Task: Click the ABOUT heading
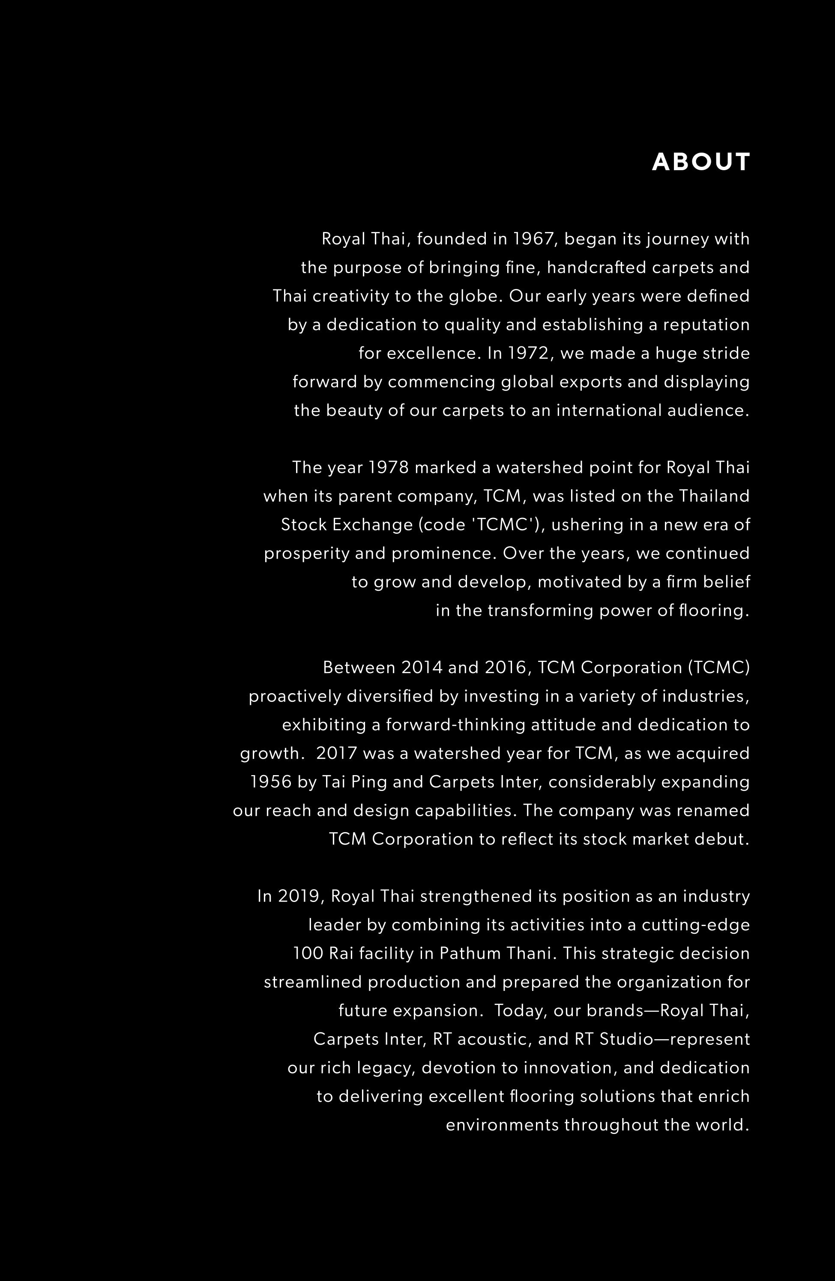click(x=700, y=162)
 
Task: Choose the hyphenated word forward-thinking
click(x=456, y=725)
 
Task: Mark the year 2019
click(x=301, y=896)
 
